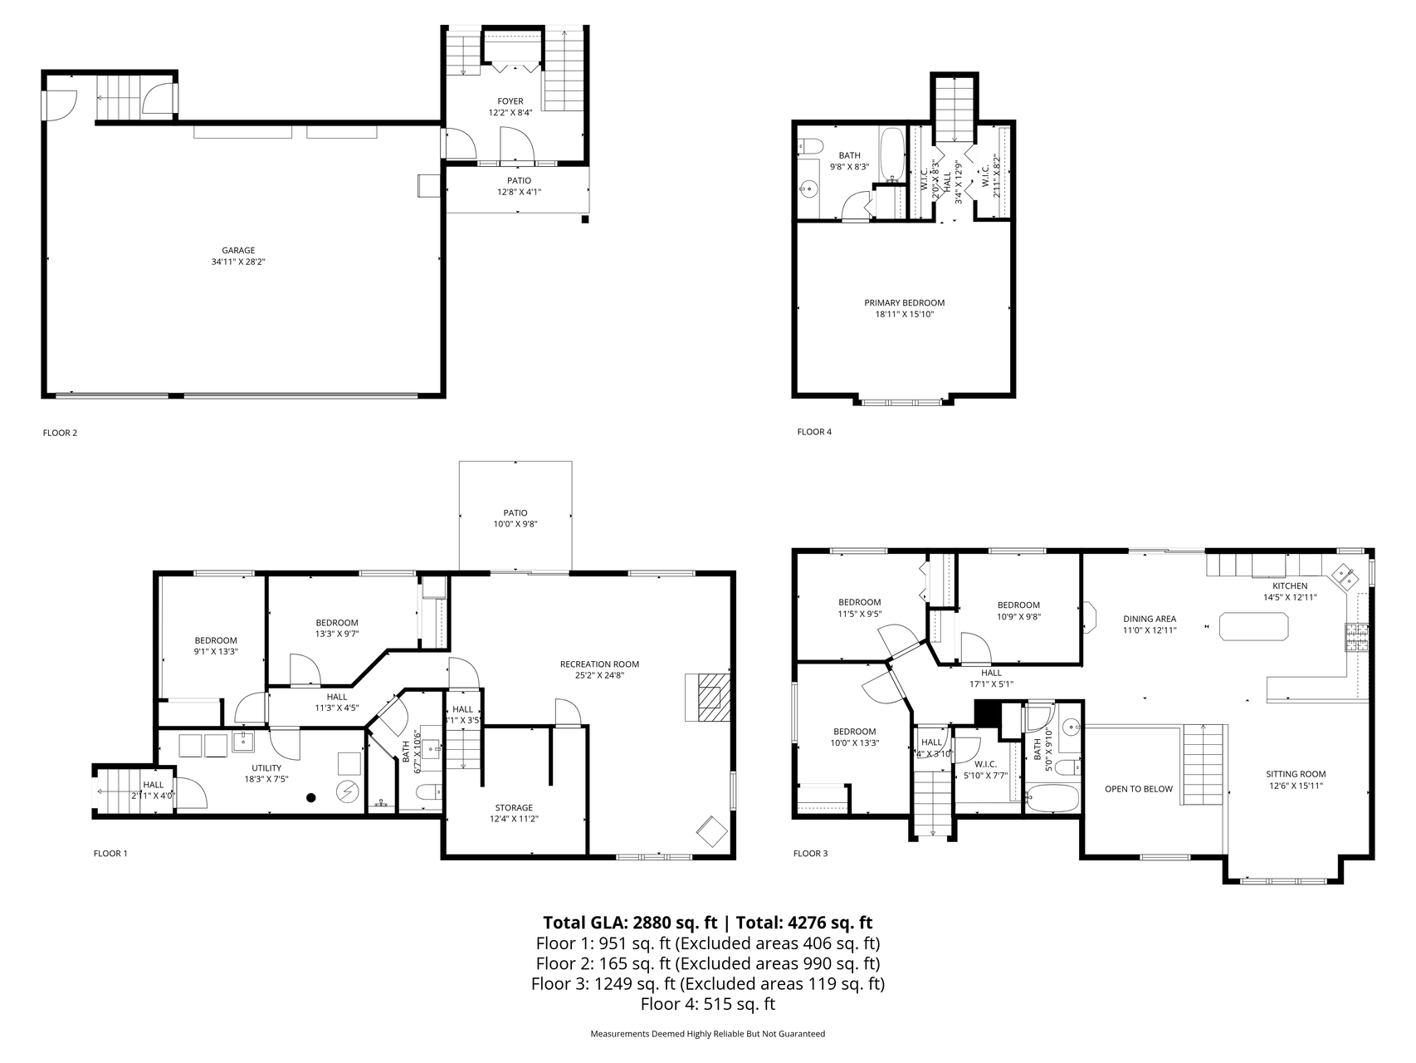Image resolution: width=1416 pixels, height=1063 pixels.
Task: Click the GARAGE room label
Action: click(238, 250)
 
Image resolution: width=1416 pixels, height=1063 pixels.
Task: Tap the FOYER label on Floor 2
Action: click(510, 101)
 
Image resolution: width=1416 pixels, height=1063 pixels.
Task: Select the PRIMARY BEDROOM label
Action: click(905, 303)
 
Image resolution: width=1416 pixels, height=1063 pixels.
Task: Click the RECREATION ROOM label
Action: click(599, 664)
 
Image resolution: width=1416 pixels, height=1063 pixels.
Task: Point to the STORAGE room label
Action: click(514, 808)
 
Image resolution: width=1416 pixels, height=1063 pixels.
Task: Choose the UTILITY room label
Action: click(266, 768)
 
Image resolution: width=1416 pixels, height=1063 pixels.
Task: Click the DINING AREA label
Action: click(1150, 619)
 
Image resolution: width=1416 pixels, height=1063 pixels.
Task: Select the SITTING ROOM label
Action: click(1296, 774)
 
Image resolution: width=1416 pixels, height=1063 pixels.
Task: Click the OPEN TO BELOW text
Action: click(1139, 789)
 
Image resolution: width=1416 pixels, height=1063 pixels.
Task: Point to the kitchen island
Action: click(1253, 626)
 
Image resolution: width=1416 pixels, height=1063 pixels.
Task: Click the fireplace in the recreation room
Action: click(708, 697)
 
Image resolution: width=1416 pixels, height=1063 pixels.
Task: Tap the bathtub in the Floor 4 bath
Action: click(893, 155)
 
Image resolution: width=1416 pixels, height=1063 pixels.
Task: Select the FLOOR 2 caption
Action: click(60, 433)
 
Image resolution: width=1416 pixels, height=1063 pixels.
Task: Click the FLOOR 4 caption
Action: click(814, 432)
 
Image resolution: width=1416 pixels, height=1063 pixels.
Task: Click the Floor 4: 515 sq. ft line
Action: click(708, 1004)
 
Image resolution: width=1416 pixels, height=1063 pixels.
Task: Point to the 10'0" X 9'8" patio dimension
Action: click(515, 524)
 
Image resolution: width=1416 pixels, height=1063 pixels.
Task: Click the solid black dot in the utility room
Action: click(311, 798)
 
